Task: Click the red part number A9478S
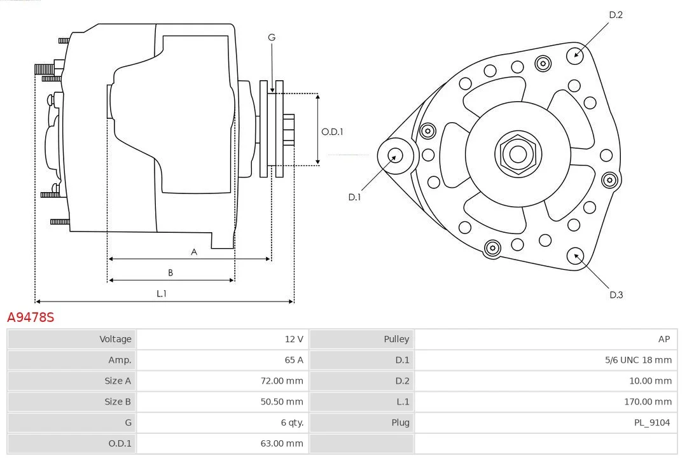pos(31,317)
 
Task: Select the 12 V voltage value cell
pos(293,339)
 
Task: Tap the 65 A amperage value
pos(293,360)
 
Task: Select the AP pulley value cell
pos(663,339)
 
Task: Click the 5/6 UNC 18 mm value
pos(638,360)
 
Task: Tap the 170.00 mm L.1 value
pos(648,401)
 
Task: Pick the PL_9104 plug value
pos(651,422)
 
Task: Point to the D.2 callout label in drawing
pos(615,15)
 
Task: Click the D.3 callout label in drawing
pos(615,295)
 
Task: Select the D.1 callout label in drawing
pos(354,197)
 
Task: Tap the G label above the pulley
pos(272,38)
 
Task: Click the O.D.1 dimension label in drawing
pos(332,132)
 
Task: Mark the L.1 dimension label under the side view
pos(162,293)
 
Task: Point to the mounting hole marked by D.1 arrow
pos(394,155)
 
